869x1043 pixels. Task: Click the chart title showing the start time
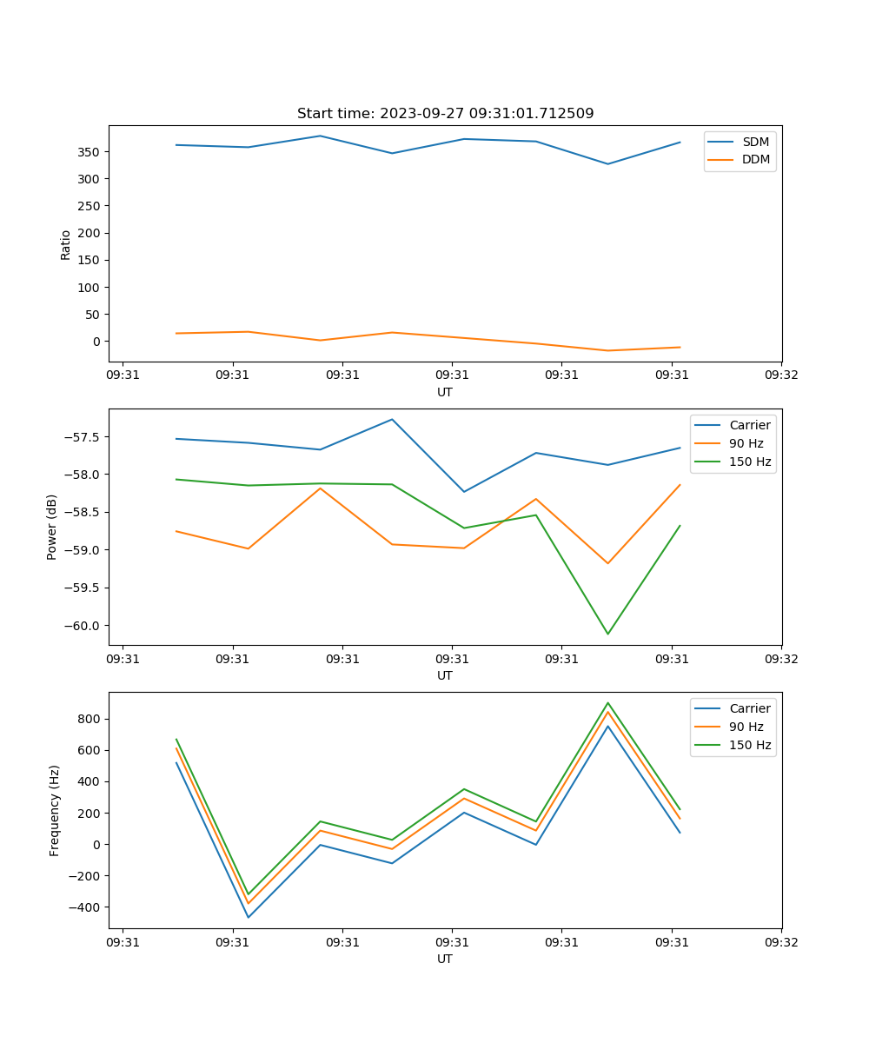[x=445, y=114]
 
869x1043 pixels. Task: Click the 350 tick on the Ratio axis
[x=89, y=152]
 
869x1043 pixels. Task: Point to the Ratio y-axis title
[x=65, y=244]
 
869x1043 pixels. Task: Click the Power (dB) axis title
[x=52, y=527]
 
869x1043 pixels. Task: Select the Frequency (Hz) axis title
[x=55, y=810]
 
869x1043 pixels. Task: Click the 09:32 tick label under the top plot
[x=781, y=375]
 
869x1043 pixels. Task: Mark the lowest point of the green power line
[x=607, y=634]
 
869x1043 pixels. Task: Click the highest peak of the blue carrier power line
[x=392, y=419]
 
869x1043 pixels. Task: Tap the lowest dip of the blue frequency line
[x=249, y=917]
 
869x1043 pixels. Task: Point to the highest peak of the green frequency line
[x=607, y=703]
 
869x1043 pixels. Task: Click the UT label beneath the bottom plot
[x=445, y=959]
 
